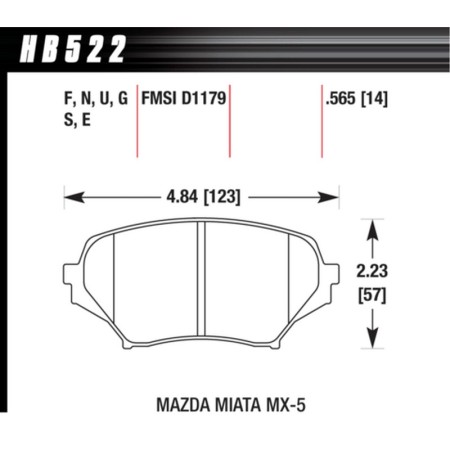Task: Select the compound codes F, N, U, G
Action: click(86, 101)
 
